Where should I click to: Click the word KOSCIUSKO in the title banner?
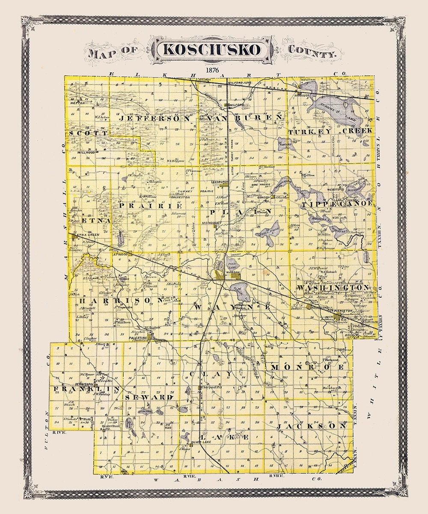[212, 49]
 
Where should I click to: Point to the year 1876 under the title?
[212, 69]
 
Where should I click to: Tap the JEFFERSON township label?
[155, 118]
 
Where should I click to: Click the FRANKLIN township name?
[86, 389]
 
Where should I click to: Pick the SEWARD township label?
[149, 397]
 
